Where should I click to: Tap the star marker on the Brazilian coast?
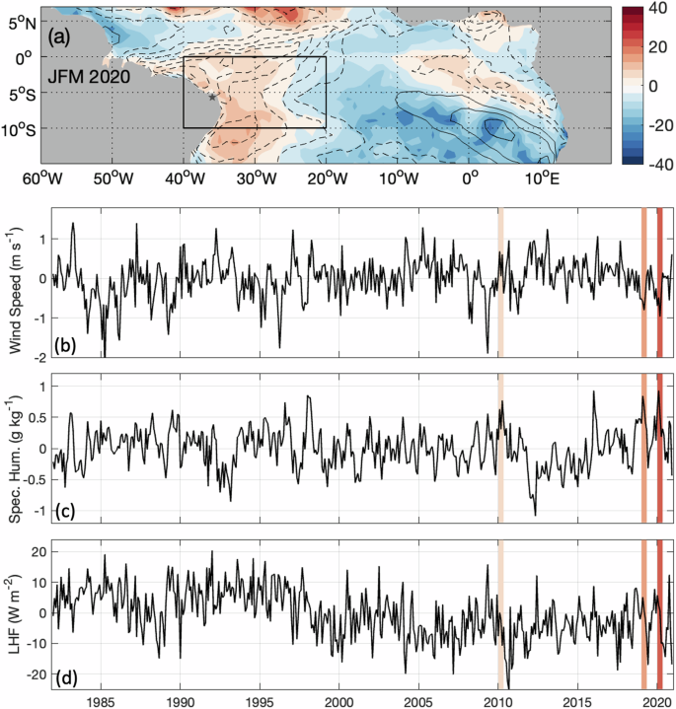(212, 97)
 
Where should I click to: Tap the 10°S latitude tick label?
(25, 129)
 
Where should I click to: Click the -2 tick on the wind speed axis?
(39, 357)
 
